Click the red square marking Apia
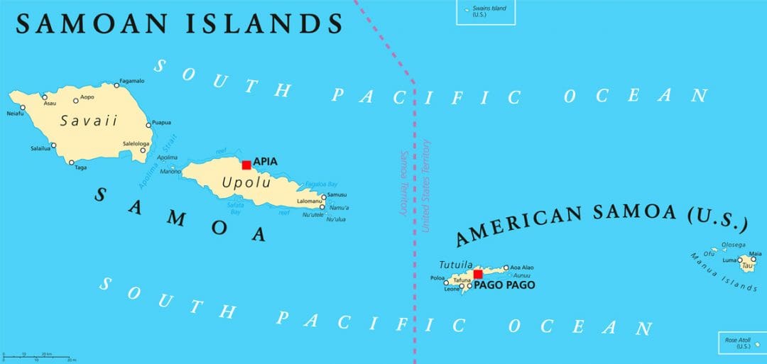[246, 165]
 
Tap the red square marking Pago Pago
[478, 275]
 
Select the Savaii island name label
[89, 121]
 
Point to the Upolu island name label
[246, 182]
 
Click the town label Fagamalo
[134, 80]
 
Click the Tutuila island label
[456, 263]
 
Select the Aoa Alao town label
[523, 268]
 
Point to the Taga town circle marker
[71, 162]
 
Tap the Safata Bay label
[236, 208]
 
